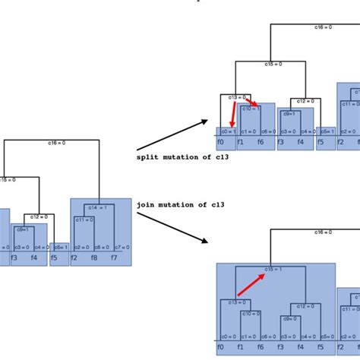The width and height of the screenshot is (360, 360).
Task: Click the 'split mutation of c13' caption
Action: (182, 157)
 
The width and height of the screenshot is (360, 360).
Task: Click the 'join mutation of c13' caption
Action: (181, 204)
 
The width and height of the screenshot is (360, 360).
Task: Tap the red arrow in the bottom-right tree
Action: (250, 284)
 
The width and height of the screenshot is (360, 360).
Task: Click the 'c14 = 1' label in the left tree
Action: (98, 207)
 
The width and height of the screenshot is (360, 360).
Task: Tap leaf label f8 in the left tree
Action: (93, 258)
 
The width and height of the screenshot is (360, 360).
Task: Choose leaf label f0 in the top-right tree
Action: (221, 142)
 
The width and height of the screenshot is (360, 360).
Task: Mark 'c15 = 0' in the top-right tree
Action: (273, 65)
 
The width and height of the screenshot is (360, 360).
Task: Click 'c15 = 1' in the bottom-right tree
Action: (273, 269)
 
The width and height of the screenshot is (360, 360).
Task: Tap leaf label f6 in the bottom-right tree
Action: (261, 347)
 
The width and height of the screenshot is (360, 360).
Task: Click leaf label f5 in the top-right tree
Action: (321, 142)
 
